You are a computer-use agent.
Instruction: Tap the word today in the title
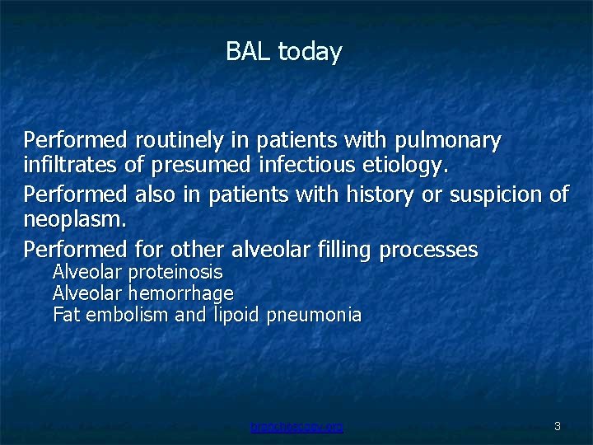[x=310, y=52]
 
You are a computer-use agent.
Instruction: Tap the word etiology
[x=405, y=166]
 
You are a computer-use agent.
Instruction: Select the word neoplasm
[x=75, y=220]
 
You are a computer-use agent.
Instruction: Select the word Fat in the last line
[x=65, y=314]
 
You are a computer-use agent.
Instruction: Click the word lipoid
[x=237, y=315]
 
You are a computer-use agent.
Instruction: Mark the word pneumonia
[x=314, y=315]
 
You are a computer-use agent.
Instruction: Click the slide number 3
[x=558, y=426]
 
